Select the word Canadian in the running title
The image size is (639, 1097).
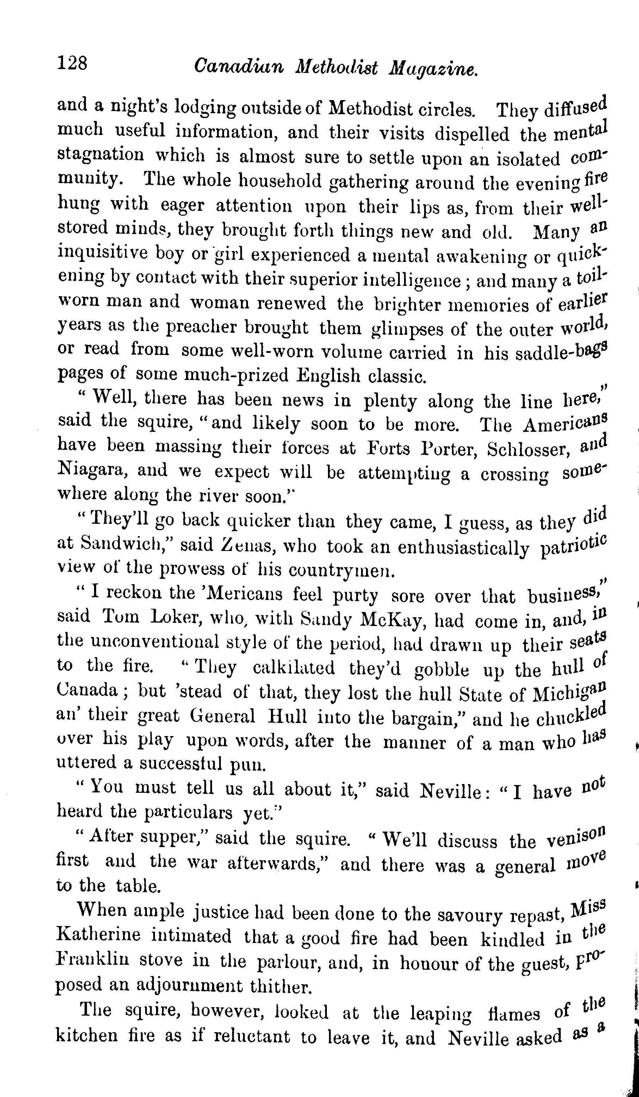point(239,67)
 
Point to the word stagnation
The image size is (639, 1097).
point(100,155)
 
